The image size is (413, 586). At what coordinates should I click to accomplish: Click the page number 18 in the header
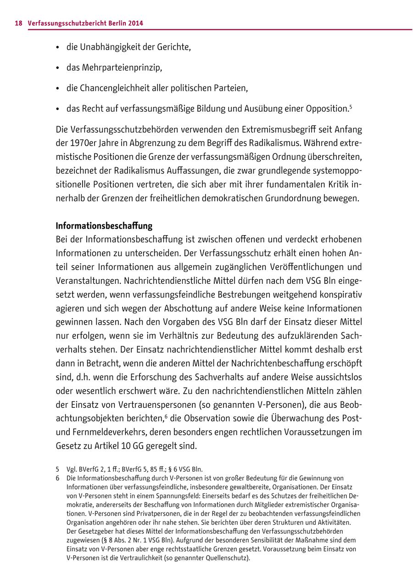coord(18,23)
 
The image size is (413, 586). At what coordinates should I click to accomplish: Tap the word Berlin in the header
coord(115,23)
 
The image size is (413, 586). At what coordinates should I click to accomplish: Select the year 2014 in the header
coord(135,23)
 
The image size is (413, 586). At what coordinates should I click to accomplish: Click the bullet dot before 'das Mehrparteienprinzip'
coord(58,68)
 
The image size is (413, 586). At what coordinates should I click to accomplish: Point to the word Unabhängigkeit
coord(111,47)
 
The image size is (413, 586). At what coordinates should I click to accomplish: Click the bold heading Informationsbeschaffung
coord(104,226)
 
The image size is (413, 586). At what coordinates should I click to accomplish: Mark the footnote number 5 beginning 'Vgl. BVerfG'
coord(58,469)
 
